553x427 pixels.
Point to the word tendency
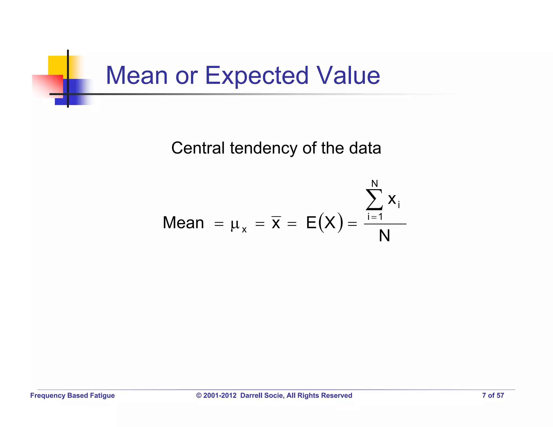[x=264, y=148]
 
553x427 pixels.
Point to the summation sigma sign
[x=374, y=200]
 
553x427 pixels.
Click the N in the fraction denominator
[x=385, y=236]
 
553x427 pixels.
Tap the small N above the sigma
[x=375, y=184]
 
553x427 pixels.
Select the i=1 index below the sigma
[x=375, y=216]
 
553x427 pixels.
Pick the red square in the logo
[x=47, y=85]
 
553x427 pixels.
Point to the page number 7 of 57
[x=493, y=395]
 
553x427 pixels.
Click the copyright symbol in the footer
[x=199, y=395]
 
